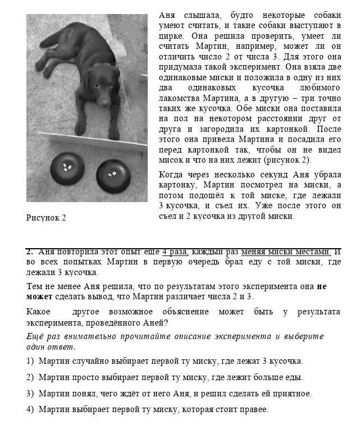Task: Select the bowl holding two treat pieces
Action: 113,175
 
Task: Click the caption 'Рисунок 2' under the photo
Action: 46,218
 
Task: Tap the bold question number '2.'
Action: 30,252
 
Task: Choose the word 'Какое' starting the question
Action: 38,312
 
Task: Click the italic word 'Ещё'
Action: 35,336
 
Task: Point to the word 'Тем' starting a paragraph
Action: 34,286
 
